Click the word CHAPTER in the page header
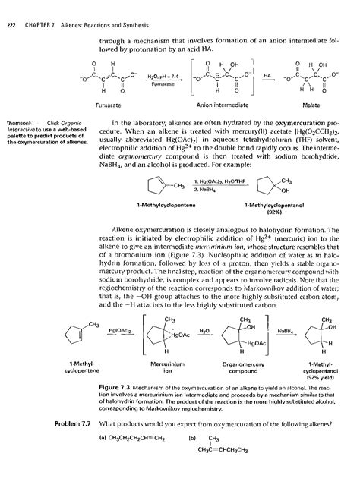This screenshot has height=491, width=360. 34,7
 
